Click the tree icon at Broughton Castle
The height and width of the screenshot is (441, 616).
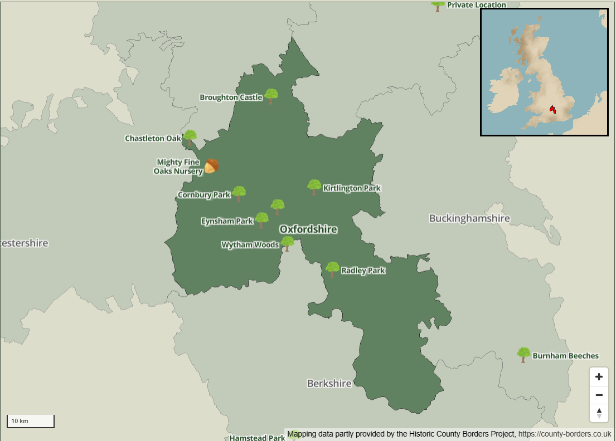(x=271, y=96)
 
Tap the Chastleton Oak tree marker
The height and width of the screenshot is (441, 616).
(x=190, y=137)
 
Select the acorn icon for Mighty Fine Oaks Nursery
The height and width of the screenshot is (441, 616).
(x=211, y=166)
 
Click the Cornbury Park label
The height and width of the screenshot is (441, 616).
(x=204, y=195)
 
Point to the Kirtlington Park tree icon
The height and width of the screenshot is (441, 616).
(x=314, y=187)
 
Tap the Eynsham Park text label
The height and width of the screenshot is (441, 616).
(x=227, y=221)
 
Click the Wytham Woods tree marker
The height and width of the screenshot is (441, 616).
(x=288, y=243)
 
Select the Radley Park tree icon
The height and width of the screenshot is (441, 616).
(x=333, y=269)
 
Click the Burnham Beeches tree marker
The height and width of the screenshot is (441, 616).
(x=523, y=354)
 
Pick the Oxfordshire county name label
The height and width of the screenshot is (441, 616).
(x=308, y=229)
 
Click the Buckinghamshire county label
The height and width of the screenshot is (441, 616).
(x=469, y=218)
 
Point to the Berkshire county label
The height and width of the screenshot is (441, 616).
(x=329, y=384)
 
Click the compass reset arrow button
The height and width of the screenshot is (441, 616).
(x=599, y=413)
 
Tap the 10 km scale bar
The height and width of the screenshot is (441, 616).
(x=31, y=421)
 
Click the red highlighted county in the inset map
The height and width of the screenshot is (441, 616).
(x=552, y=109)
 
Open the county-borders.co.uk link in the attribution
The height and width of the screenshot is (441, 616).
(x=564, y=434)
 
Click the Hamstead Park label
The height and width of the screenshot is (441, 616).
(x=257, y=438)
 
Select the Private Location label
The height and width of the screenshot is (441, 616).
(x=476, y=5)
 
